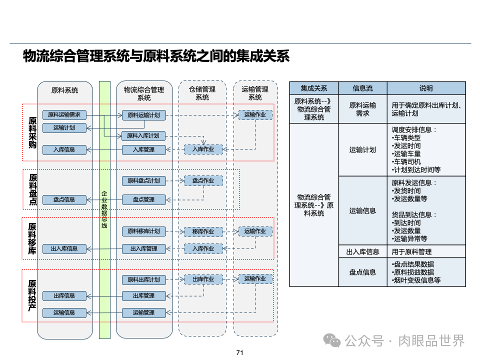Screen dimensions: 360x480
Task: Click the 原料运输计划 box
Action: tap(143, 115)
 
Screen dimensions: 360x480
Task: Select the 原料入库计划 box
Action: tap(143, 135)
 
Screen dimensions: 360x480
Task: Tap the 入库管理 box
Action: tap(143, 149)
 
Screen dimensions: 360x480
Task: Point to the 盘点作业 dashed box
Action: tap(203, 180)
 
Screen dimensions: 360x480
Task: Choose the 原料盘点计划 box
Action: tap(143, 180)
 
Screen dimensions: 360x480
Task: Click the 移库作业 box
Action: tap(203, 231)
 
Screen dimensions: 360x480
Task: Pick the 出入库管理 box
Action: tap(143, 248)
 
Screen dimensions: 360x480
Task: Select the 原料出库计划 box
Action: tap(143, 279)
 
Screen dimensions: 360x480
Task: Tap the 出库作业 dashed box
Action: tap(203, 279)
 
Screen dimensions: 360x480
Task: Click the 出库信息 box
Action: tap(64, 295)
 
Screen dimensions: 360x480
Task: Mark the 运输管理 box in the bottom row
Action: tap(143, 312)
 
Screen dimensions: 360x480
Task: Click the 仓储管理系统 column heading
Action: tap(202, 93)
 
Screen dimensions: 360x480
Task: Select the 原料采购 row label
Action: tap(32, 132)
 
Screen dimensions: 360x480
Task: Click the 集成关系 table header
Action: tap(314, 88)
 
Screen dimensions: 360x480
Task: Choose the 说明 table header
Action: tap(426, 88)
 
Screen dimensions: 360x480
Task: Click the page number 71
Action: tap(239, 353)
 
